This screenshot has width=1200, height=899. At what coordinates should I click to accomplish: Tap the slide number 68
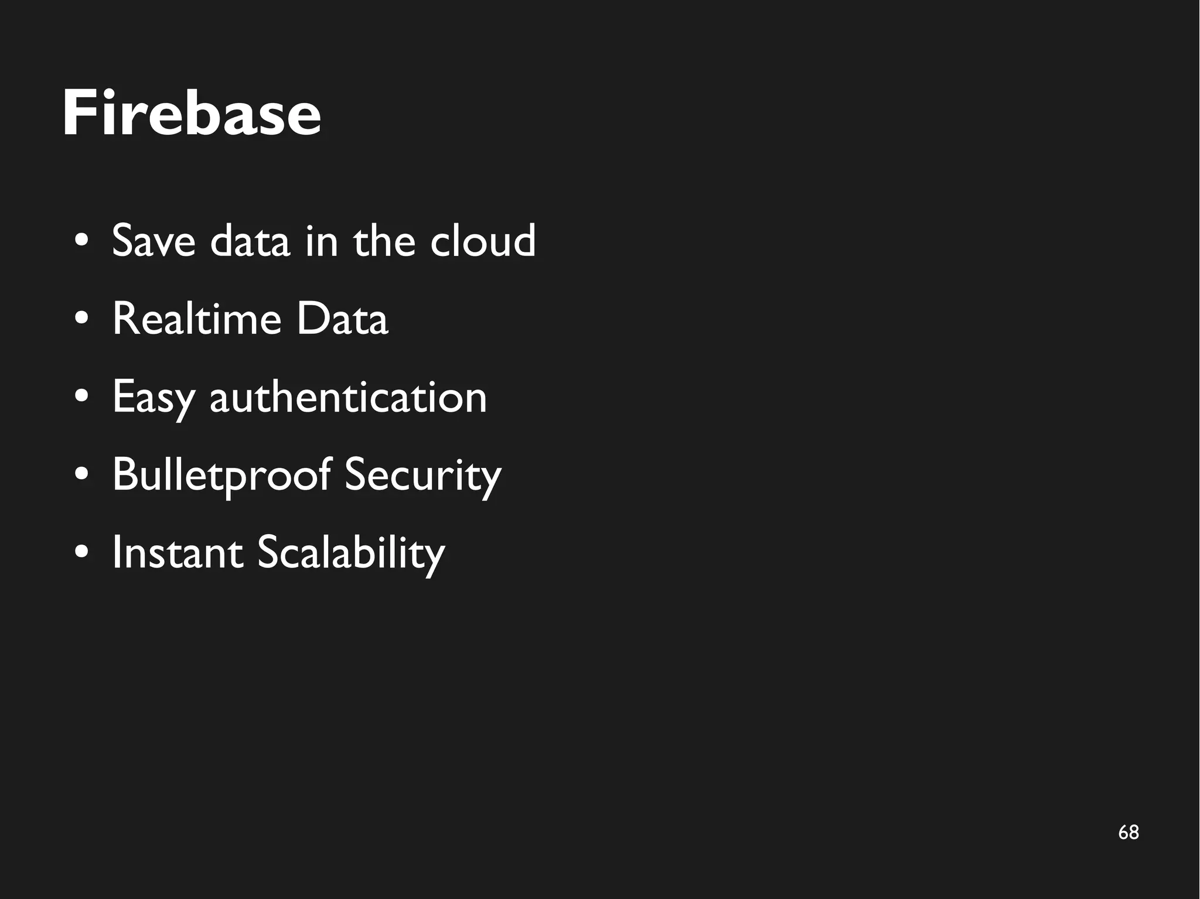1128,832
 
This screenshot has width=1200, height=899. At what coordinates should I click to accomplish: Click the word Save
154,241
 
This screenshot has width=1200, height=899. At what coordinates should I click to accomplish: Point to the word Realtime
197,319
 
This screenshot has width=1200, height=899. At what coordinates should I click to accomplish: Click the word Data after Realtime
342,319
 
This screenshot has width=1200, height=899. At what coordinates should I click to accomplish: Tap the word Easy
153,397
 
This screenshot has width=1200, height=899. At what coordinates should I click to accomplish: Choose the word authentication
348,397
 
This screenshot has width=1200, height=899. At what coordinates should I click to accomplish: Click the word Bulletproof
221,475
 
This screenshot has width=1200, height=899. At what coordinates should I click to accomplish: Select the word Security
422,475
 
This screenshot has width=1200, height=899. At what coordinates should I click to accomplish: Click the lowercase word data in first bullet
250,241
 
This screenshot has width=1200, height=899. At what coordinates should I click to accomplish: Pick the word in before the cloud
322,241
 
